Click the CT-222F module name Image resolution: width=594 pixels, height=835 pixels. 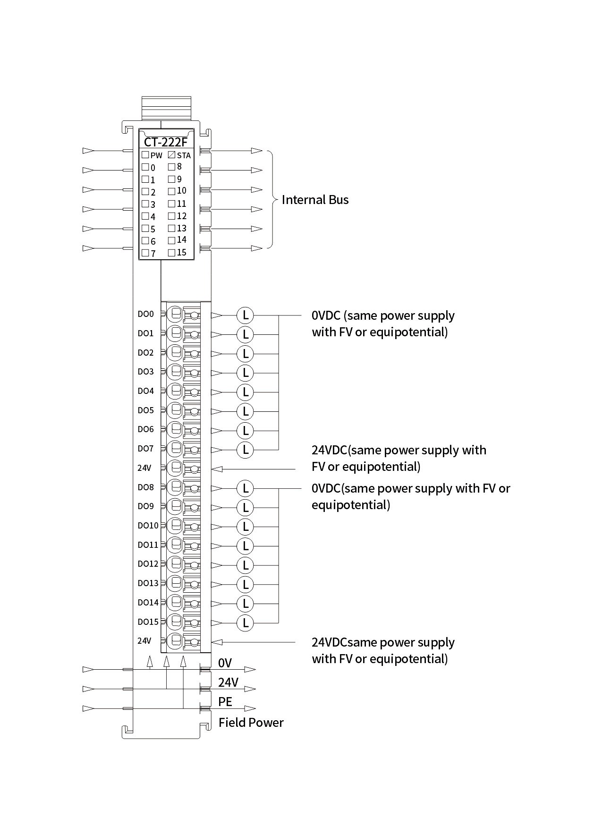[x=165, y=142]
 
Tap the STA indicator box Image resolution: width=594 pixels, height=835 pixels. [x=172, y=154]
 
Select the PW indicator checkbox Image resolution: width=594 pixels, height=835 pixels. [x=145, y=154]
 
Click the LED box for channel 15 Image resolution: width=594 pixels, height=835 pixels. [x=171, y=253]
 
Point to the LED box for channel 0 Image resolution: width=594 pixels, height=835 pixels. [x=145, y=167]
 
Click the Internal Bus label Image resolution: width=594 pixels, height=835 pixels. [x=315, y=200]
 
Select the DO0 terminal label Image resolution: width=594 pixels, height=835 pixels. [x=145, y=314]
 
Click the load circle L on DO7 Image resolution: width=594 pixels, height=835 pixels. [x=245, y=450]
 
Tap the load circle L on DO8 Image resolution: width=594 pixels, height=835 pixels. [x=245, y=488]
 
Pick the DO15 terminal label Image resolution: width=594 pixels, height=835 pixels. [x=148, y=622]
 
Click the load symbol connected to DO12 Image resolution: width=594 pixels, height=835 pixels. [x=245, y=565]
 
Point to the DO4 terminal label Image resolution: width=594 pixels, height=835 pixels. [x=145, y=391]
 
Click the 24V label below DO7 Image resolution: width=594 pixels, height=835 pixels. [x=144, y=468]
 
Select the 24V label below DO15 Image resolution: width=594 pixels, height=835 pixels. [x=144, y=641]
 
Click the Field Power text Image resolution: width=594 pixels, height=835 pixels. [x=251, y=723]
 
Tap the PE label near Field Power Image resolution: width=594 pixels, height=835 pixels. [x=225, y=702]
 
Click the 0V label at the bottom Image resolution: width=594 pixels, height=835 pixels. [x=225, y=663]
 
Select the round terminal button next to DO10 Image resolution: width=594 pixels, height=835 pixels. [x=175, y=525]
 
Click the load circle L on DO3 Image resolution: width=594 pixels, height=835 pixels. [x=245, y=373]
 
